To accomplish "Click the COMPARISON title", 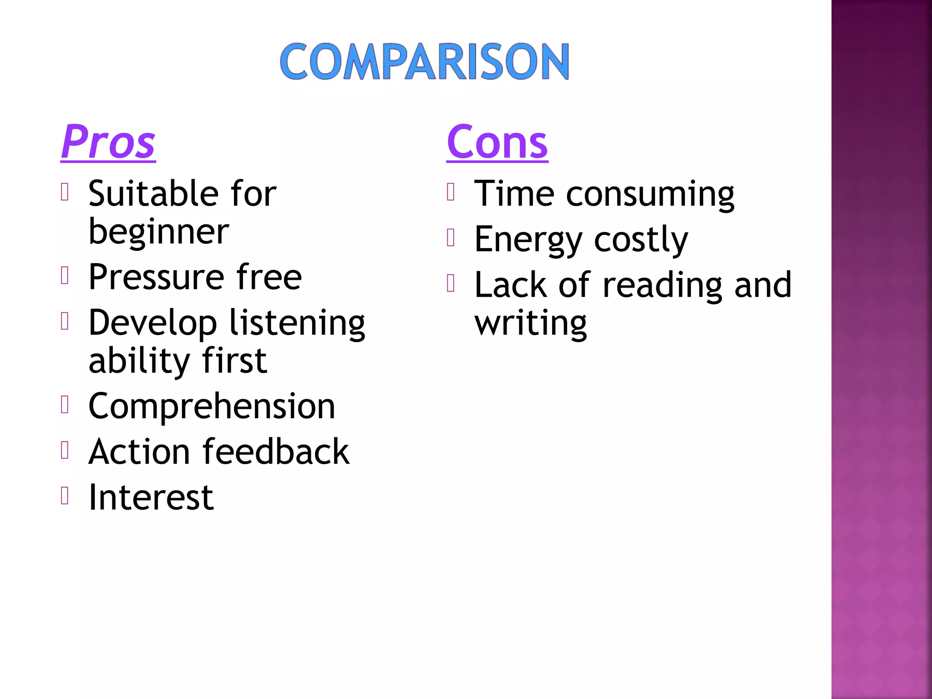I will pos(424,61).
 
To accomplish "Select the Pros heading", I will pos(108,142).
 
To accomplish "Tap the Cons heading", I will pos(497,142).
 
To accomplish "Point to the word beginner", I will pos(158,232).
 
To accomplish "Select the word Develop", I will pos(152,323).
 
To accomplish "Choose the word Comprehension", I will pos(212,406).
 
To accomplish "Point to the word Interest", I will pos(151,497).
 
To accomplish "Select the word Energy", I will pos(528,240).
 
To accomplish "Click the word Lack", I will pos(510,285).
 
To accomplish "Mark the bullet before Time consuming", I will pos(451,192).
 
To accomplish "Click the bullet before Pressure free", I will pos(65,275).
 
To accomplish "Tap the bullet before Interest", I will pos(65,495).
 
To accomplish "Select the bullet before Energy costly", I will pos(451,237).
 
